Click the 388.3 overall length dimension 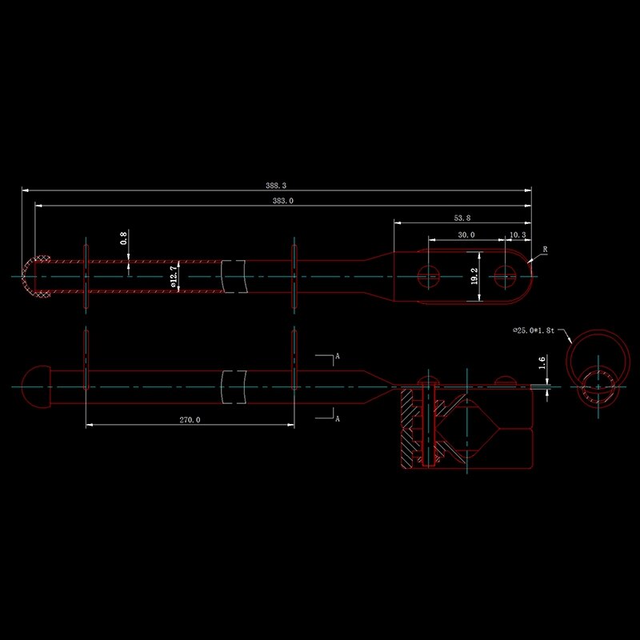tap(276, 186)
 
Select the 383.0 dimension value tap(283, 201)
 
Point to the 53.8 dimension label tap(462, 218)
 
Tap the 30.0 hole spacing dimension tap(466, 234)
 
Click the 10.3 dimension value tap(518, 234)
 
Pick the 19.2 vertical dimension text tap(474, 276)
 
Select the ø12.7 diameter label tap(174, 277)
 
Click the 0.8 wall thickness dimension tap(123, 238)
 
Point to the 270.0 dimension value tap(190, 419)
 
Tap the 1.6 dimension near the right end tap(542, 362)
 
